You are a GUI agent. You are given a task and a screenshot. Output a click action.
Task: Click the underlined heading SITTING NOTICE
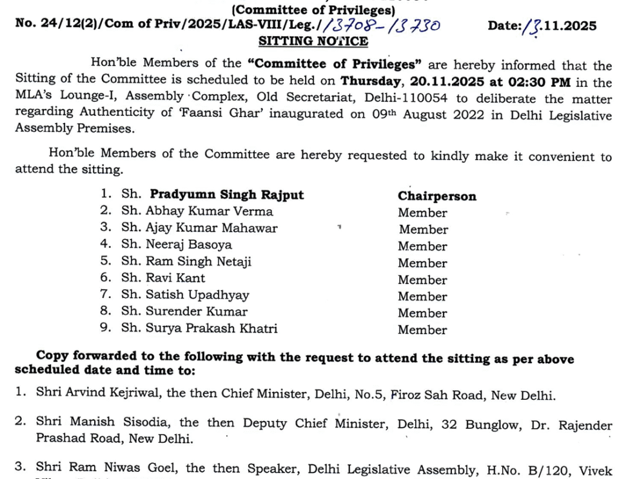313,42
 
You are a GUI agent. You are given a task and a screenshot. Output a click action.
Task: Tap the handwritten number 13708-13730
385,26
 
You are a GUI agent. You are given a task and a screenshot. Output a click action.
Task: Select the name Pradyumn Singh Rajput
226,194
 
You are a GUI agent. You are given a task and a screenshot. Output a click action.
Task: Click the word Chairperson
437,196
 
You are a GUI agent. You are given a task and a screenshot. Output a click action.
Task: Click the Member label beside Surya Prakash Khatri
422,330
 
